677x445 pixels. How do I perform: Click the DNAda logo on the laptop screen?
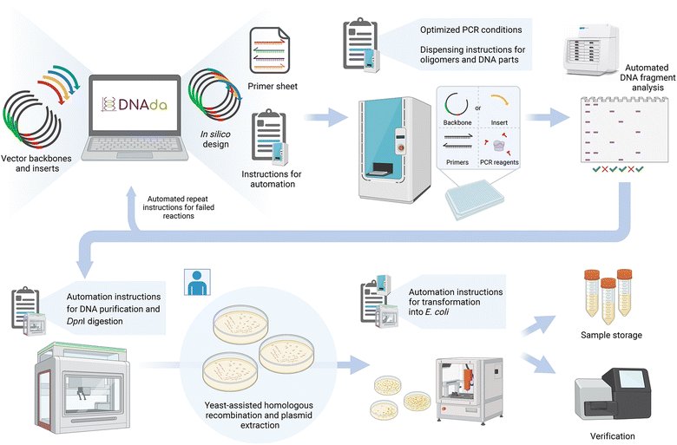coord(135,104)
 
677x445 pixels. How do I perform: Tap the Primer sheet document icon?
coord(269,50)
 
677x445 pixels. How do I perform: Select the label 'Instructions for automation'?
coord(272,179)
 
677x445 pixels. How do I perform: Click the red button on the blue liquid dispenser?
coord(400,147)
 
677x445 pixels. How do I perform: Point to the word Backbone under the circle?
coord(457,122)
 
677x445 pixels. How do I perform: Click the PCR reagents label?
coord(499,163)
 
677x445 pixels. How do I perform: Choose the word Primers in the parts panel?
coord(457,163)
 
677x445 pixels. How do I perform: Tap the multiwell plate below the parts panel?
coord(475,199)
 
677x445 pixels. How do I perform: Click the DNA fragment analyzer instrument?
coord(592,50)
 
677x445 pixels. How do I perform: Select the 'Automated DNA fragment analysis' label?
coord(647,78)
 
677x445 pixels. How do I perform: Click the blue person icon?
coord(197,282)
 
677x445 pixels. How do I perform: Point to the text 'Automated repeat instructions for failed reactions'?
coord(178,207)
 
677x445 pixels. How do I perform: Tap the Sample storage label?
coord(611,335)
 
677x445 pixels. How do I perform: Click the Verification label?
coord(612,436)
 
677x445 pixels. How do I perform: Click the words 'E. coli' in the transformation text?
coord(437,311)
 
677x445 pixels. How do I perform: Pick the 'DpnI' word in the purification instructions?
coord(76,322)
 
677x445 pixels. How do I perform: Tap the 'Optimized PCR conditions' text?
coord(471,29)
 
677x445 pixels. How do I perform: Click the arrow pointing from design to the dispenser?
coord(326,117)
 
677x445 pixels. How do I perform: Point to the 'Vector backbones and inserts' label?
coord(36,164)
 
